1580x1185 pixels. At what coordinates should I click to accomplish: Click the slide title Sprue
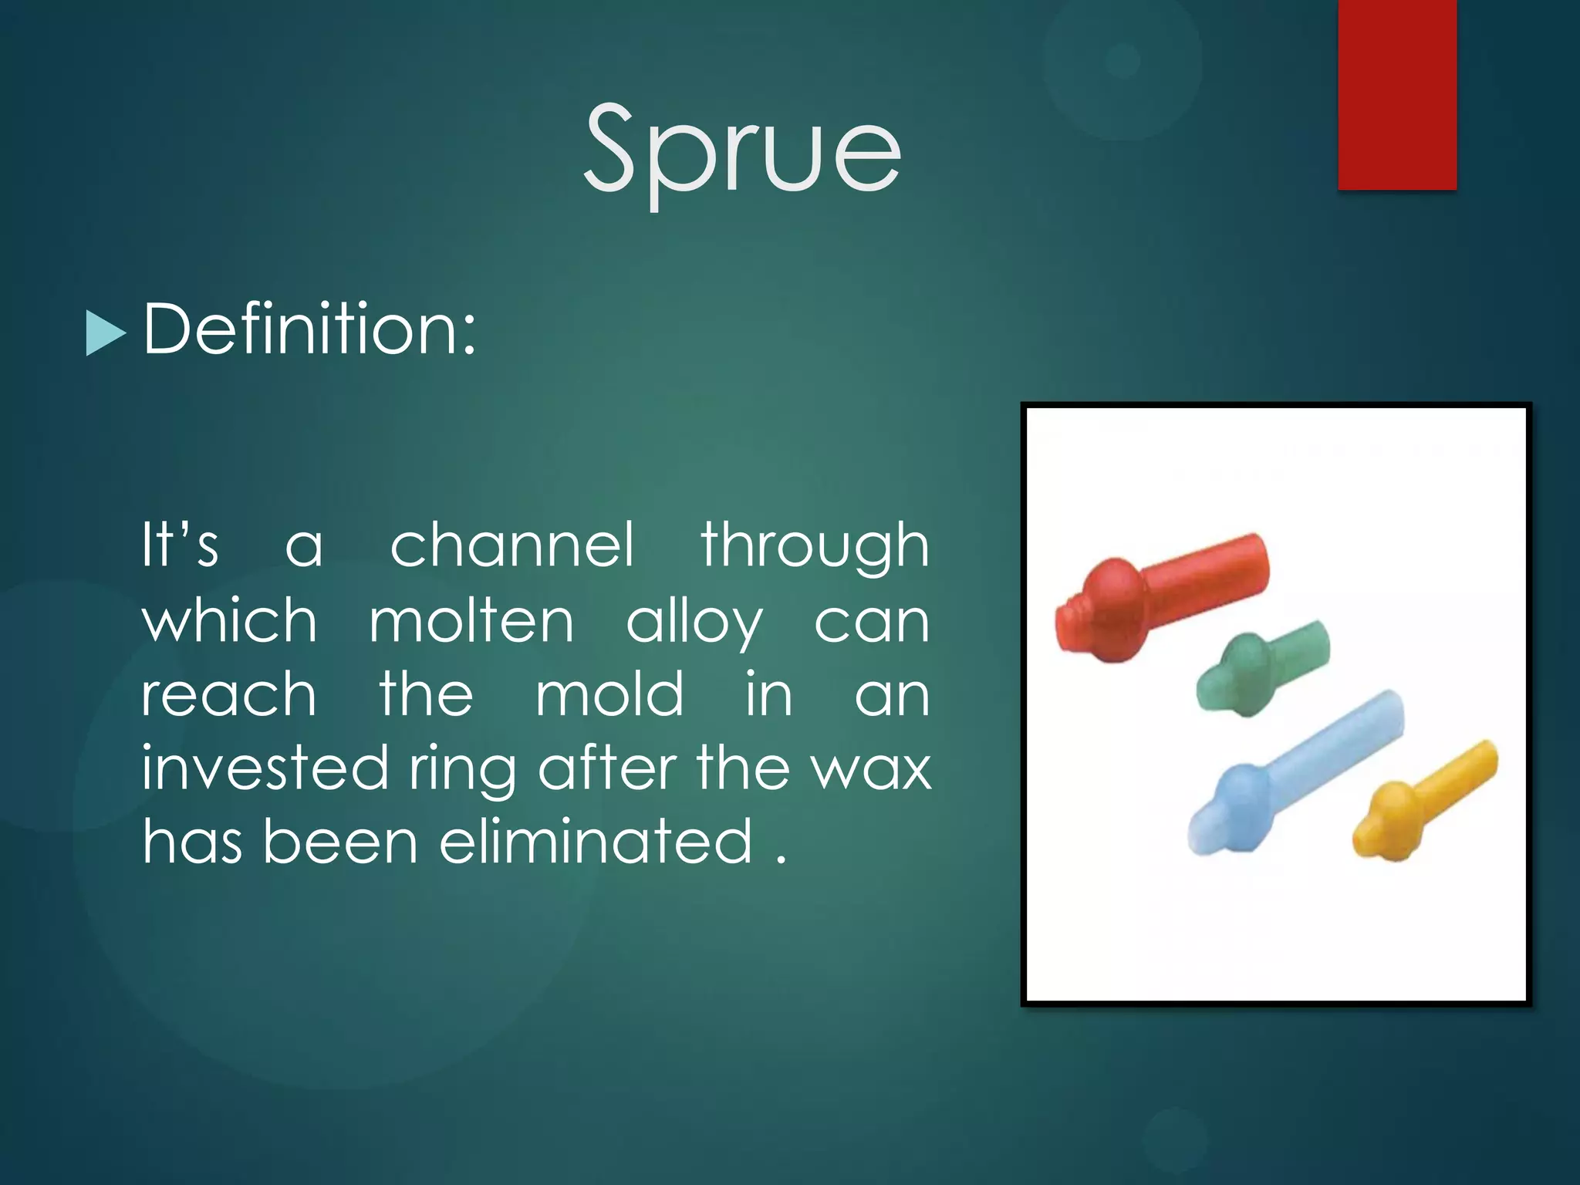[x=742, y=150]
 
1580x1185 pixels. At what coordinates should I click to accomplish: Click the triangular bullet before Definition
[x=104, y=333]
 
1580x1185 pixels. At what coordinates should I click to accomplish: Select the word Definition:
[x=310, y=330]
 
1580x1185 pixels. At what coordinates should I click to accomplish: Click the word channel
[x=512, y=545]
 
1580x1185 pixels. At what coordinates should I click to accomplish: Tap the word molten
[x=471, y=621]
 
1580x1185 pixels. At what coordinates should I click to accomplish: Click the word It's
[x=180, y=545]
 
